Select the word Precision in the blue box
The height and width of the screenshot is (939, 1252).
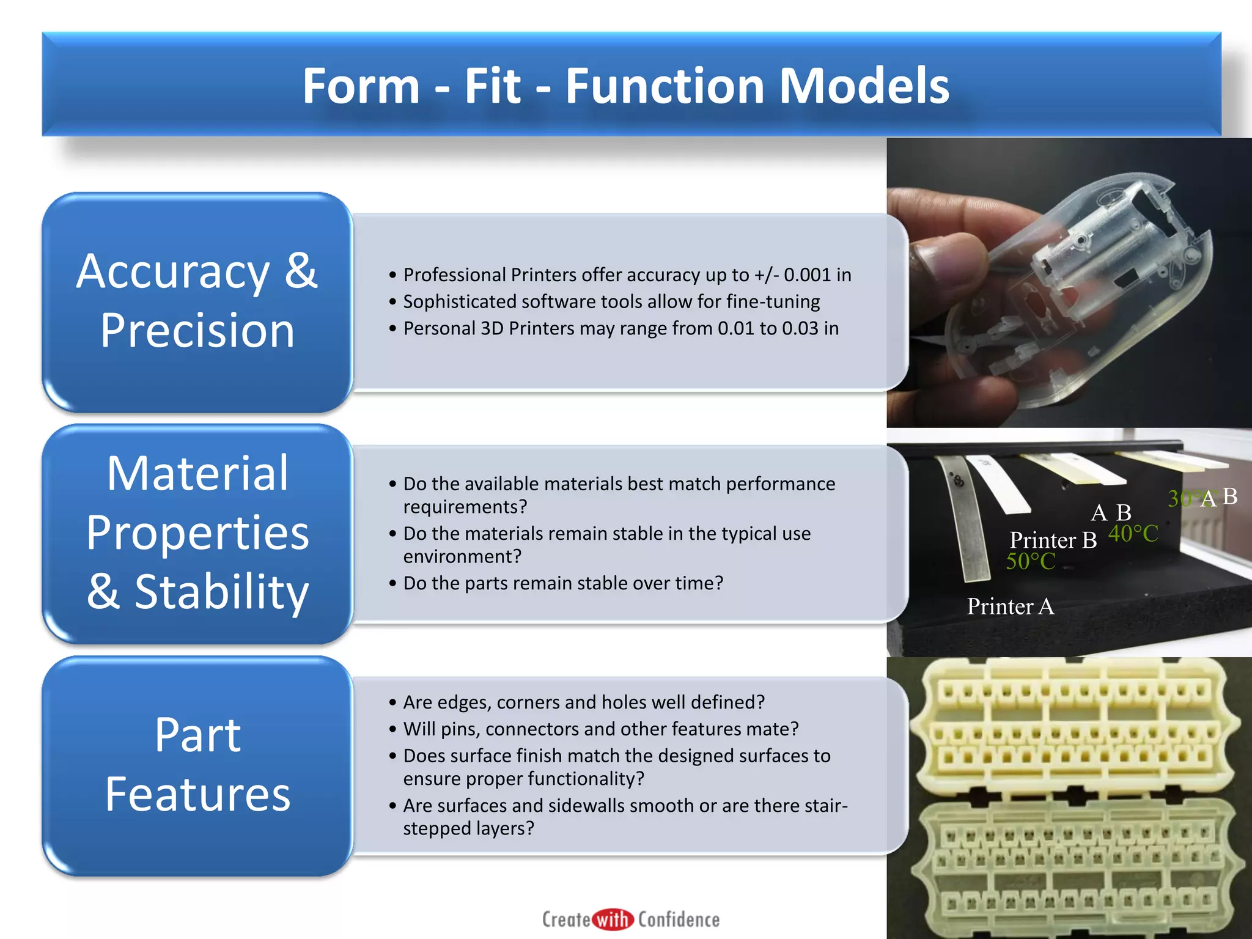click(x=197, y=331)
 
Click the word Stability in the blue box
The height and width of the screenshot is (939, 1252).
click(x=221, y=592)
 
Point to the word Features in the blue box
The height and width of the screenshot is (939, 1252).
click(x=197, y=794)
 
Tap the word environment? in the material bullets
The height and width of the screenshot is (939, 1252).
click(x=462, y=557)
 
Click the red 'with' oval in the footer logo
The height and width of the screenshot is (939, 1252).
click(x=613, y=919)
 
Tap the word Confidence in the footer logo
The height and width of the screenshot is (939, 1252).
click(x=679, y=919)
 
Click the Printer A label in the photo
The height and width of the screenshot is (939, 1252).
click(x=1010, y=606)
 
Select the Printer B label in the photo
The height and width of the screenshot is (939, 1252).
click(x=1053, y=540)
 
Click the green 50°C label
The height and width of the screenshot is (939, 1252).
click(x=1031, y=561)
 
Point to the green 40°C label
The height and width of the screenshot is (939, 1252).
click(x=1133, y=534)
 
